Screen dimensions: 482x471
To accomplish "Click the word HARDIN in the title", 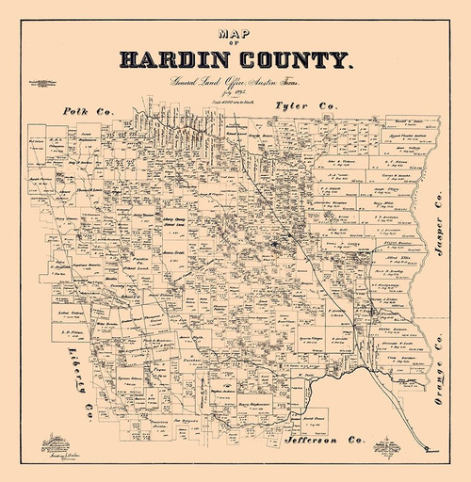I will (174, 63).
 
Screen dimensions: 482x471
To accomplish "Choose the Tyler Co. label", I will (305, 107).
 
